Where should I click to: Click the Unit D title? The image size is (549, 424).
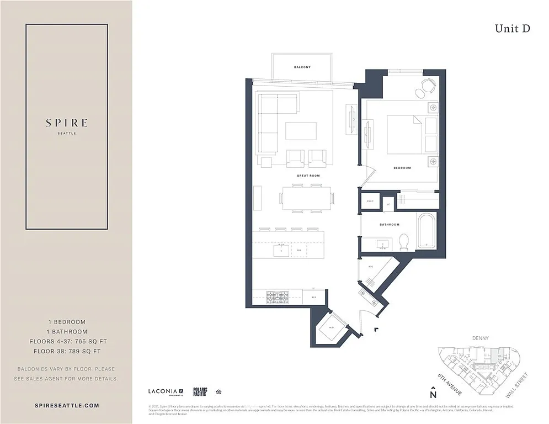coord(512,29)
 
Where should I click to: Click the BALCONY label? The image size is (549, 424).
coord(302,67)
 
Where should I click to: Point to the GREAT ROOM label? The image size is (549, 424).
coord(308,176)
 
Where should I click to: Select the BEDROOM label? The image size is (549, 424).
coord(402,168)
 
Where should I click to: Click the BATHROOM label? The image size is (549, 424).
coord(389,225)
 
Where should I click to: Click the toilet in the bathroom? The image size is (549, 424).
coord(403,241)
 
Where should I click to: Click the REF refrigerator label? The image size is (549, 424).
coord(313,297)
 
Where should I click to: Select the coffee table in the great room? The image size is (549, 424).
coord(301,131)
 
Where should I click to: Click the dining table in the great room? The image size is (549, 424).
coord(307,198)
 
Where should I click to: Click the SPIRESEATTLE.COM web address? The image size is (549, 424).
coord(66,405)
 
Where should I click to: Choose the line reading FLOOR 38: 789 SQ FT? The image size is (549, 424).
coord(66,351)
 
